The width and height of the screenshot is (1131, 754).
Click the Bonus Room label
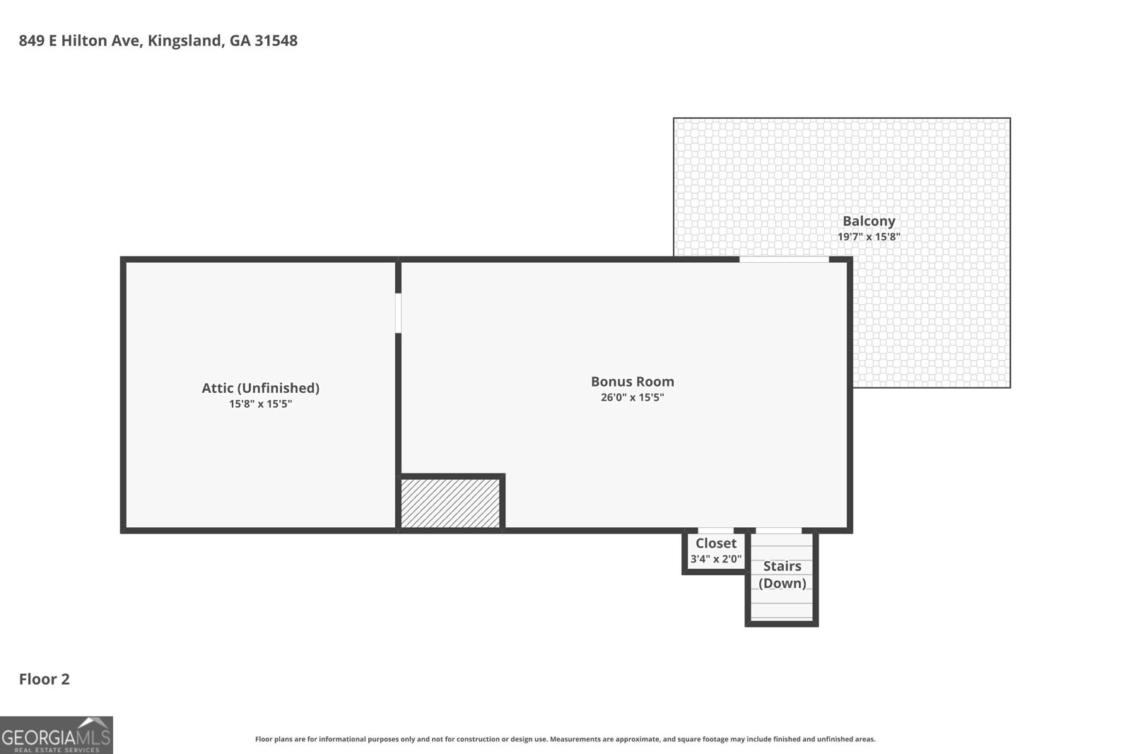pos(632,382)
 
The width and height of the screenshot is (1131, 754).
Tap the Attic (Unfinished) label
pos(261,388)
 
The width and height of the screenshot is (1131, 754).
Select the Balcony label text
pos(869,221)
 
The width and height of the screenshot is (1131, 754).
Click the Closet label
pos(716,543)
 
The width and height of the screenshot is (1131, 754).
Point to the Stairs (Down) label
pos(782,575)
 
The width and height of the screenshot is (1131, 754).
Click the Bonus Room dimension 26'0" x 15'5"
pos(632,397)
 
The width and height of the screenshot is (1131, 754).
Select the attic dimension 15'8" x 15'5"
pos(261,403)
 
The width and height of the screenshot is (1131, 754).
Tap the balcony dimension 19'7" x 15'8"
pos(869,237)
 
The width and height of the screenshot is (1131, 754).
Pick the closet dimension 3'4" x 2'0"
pos(716,559)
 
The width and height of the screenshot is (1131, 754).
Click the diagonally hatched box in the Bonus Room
pos(450,503)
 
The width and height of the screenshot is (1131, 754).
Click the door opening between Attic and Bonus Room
pos(398,313)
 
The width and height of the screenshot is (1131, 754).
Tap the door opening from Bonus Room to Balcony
pos(784,259)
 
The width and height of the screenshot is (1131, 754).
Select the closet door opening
pos(715,531)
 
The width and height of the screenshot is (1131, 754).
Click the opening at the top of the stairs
pos(778,531)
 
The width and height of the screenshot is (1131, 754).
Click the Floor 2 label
pos(45,679)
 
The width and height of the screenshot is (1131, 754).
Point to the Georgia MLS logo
pos(56,735)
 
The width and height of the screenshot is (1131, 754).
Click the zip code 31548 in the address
pos(276,40)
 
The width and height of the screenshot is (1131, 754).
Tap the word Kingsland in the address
pos(186,41)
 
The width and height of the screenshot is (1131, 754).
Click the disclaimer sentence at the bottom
pos(565,739)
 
